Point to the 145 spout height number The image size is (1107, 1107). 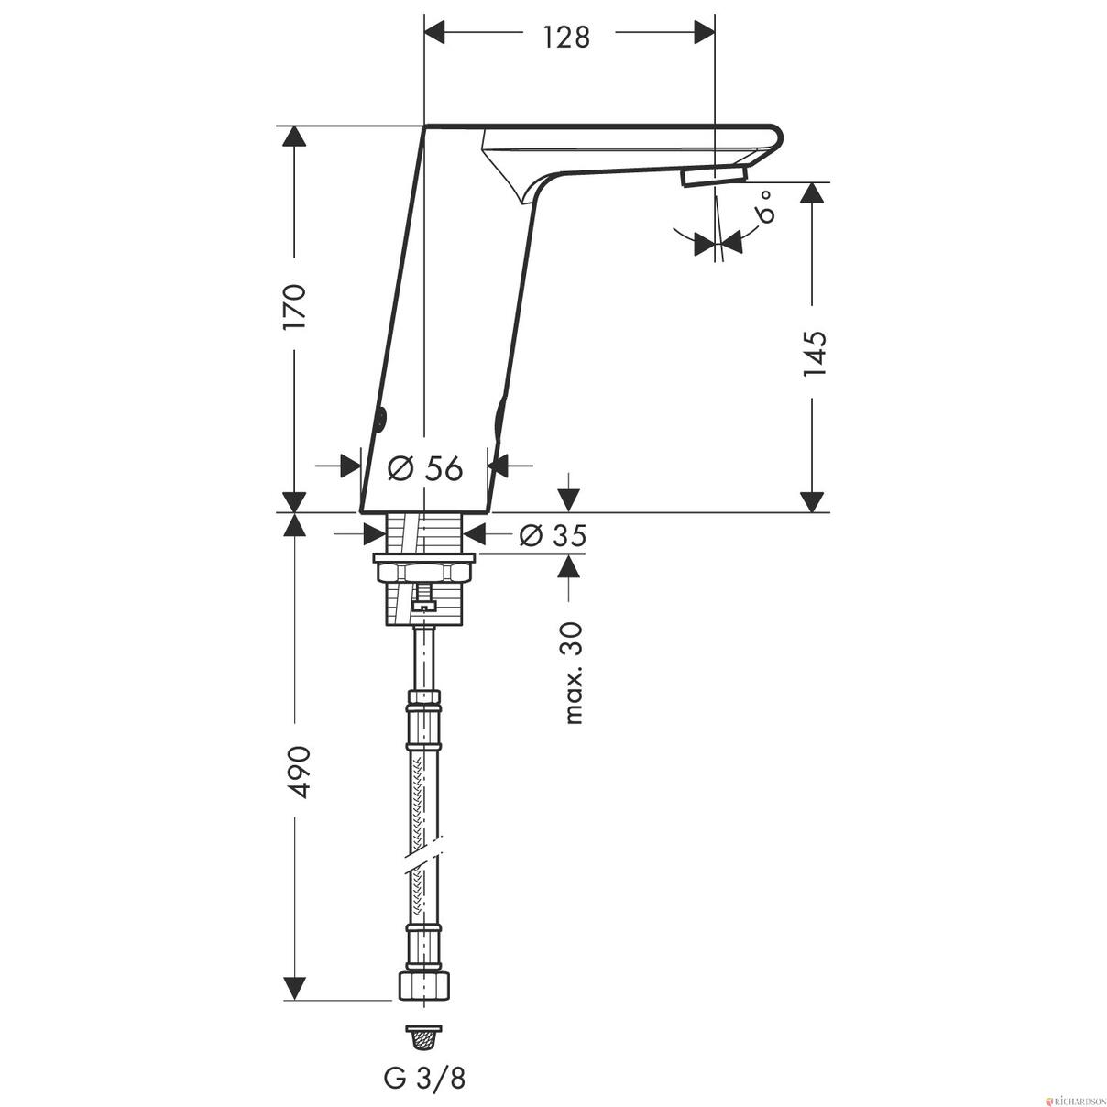point(812,354)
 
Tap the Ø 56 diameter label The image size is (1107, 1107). point(424,468)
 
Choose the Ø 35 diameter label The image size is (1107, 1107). point(552,535)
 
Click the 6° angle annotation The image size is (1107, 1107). point(765,207)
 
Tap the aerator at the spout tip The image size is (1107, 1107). point(715,176)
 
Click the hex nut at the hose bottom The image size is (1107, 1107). point(424,986)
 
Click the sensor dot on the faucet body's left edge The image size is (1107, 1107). point(380,421)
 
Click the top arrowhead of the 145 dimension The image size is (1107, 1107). point(811,193)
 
